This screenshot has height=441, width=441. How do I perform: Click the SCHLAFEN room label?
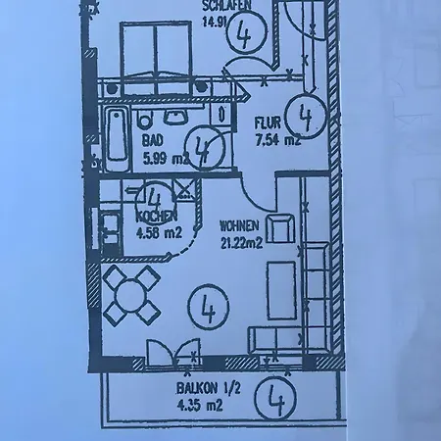pos(226,5)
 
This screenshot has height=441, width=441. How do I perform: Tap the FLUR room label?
pos(268,123)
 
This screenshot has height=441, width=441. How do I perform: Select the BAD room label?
pos(152,141)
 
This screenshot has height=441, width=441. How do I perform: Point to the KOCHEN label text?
pos(157,216)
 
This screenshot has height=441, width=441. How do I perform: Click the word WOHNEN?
pos(240,226)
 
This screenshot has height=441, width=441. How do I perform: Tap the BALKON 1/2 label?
pos(209,389)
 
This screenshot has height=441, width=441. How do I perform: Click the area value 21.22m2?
pos(242,244)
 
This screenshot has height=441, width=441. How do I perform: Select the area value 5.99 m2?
pos(166,159)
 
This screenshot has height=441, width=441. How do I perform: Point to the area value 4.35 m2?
pos(199,406)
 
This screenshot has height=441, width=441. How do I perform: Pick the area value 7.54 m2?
pos(277,141)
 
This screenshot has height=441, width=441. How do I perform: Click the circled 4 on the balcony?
pos(276,398)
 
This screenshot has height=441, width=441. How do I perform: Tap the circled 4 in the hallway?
pos(306,116)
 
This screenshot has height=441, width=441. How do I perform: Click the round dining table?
pos(131,295)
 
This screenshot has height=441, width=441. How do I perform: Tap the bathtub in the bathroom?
pos(118,139)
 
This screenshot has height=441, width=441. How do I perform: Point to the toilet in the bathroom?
pos(145,119)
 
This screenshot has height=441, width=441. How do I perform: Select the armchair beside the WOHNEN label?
pos(280,228)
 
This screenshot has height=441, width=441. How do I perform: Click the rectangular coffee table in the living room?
pos(281,290)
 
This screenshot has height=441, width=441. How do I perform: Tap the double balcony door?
pos(172,353)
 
